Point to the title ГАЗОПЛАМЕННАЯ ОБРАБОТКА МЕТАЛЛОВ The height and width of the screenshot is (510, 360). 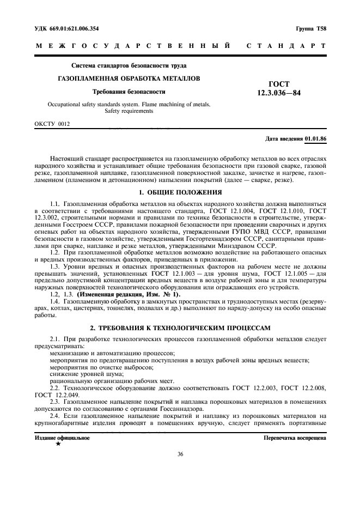tap(129, 78)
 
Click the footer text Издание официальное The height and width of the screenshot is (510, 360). tap(54, 438)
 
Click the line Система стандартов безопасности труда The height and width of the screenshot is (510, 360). tap(129, 65)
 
